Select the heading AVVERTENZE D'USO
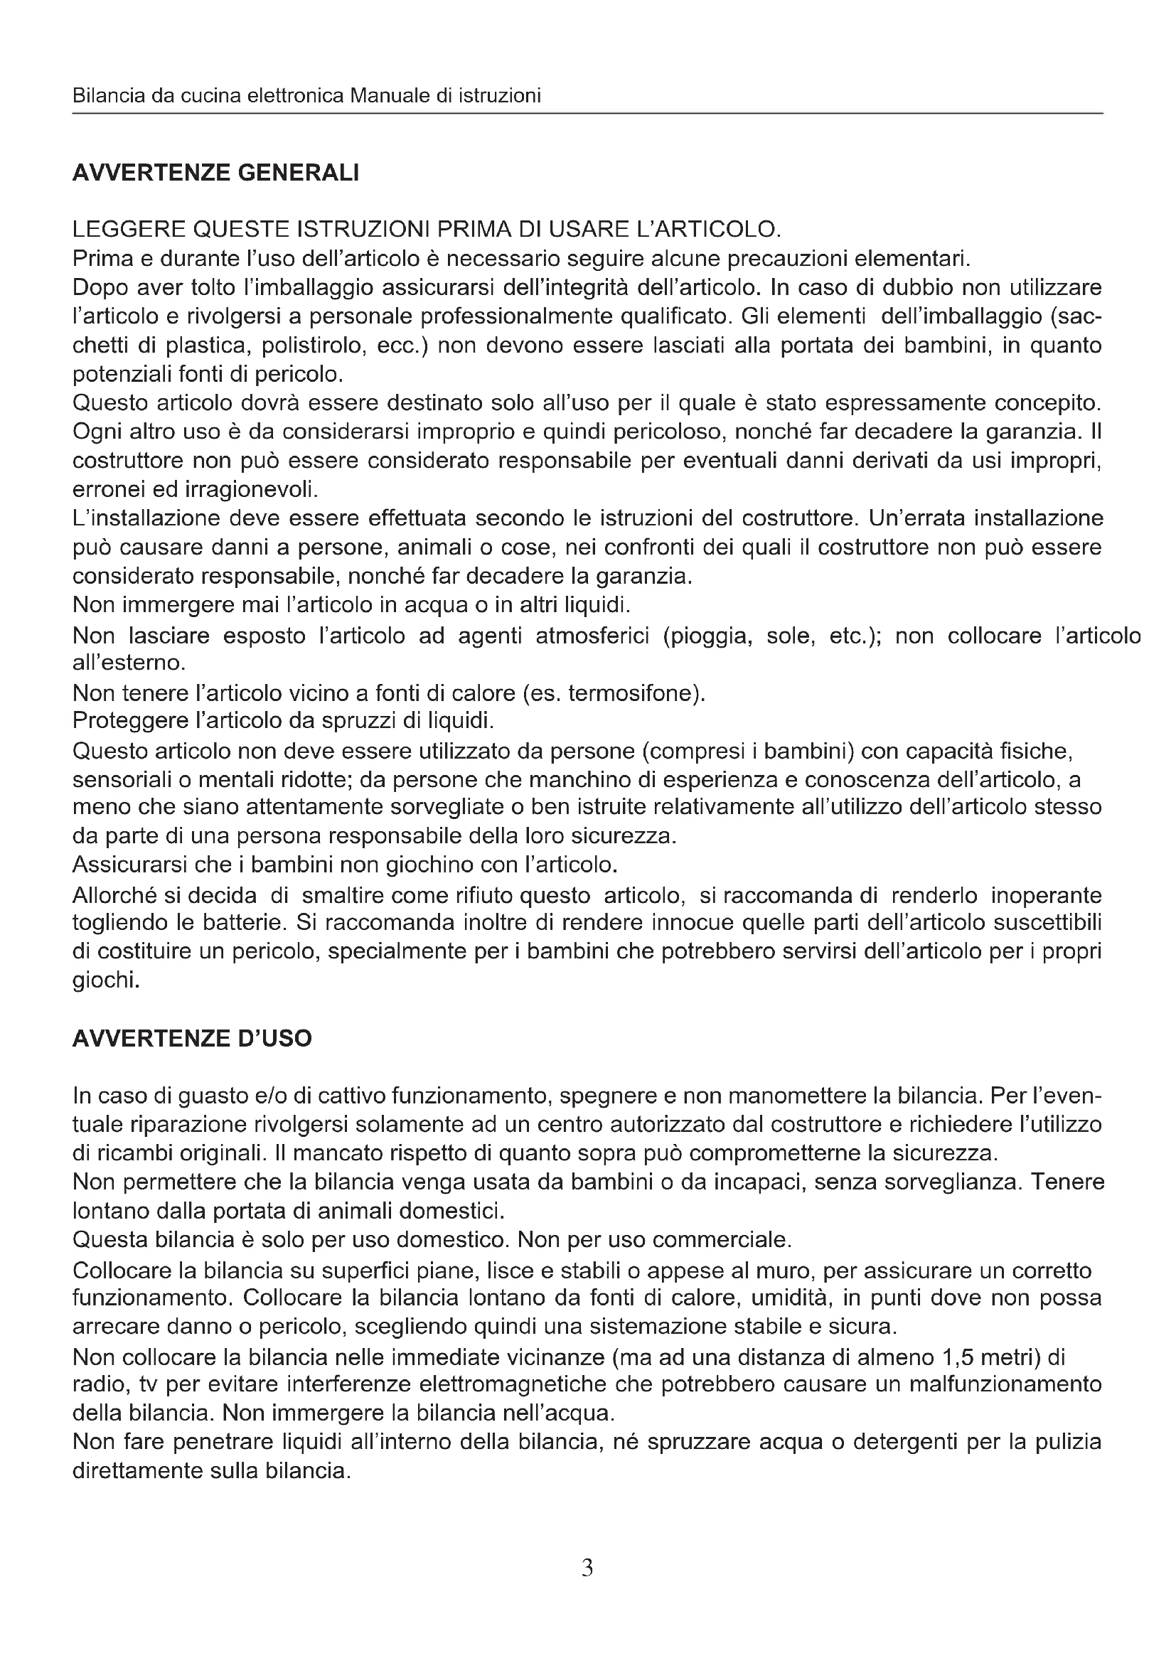192,1039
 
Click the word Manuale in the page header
390,95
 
